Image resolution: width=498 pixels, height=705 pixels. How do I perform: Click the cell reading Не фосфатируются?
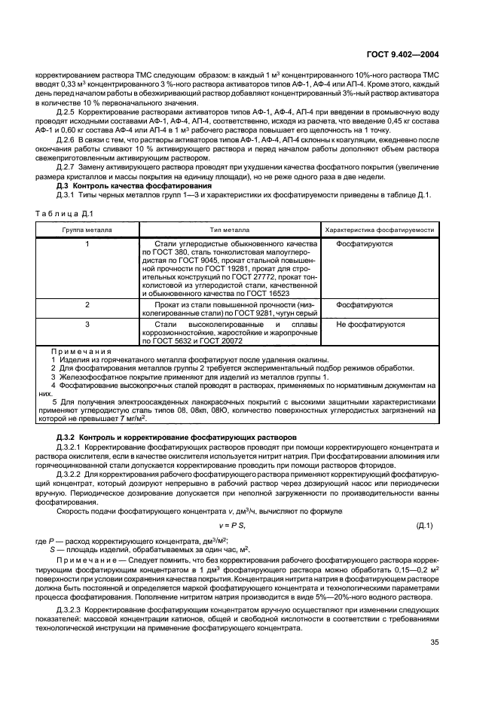[370, 325]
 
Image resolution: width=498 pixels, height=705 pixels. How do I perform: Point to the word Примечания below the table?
[81, 351]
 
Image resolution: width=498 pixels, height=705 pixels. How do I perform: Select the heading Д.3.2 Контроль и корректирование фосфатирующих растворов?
[178, 437]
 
